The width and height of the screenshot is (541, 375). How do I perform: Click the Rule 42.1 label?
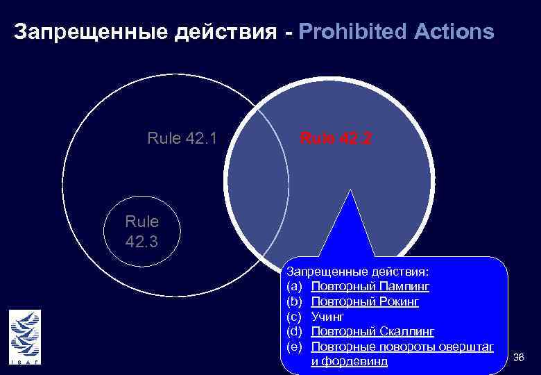pyautogui.click(x=182, y=139)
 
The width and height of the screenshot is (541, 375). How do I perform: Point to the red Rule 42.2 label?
pyautogui.click(x=336, y=139)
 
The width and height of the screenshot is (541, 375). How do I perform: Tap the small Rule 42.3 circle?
pyautogui.click(x=142, y=233)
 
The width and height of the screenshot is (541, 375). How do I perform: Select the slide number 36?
pyautogui.click(x=518, y=357)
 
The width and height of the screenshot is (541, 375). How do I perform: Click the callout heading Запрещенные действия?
pyautogui.click(x=358, y=269)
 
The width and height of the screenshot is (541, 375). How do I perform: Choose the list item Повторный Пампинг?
pyautogui.click(x=370, y=285)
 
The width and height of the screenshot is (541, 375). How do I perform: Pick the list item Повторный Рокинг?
pyautogui.click(x=365, y=302)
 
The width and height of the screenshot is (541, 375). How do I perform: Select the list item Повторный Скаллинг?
pyautogui.click(x=372, y=331)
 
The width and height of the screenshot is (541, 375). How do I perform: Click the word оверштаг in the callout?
pyautogui.click(x=464, y=347)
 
